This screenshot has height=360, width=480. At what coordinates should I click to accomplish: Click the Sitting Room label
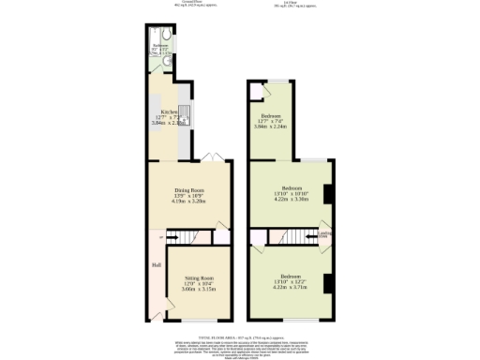[x=199, y=278]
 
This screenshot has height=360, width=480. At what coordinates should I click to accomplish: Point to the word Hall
[x=156, y=263]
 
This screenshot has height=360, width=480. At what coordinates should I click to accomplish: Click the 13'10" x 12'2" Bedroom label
[x=292, y=277]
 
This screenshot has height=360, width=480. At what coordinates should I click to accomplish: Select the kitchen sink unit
[x=185, y=114]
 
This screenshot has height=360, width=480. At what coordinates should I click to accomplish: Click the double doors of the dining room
[x=210, y=157]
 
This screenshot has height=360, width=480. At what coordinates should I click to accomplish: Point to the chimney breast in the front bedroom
[x=327, y=283]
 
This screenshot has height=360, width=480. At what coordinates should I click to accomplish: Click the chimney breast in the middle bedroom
[x=327, y=194]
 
